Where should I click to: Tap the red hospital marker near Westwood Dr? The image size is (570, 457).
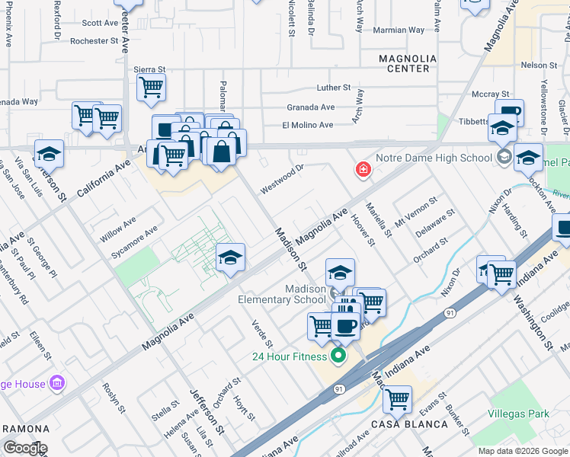coord(363,169)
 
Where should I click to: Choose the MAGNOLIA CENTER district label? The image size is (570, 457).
coord(408,63)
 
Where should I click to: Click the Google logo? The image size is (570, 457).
coord(25,448)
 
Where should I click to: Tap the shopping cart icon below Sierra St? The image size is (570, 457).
coord(152,88)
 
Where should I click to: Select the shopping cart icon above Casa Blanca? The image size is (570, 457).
coord(396,398)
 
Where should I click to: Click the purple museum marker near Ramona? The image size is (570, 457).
coord(56,383)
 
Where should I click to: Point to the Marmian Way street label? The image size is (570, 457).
coord(399,30)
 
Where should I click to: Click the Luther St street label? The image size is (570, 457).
coord(334,88)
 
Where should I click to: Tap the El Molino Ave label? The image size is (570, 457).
coord(308,125)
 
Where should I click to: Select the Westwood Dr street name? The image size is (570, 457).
coord(282,177)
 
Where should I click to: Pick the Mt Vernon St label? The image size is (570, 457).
coord(416,214)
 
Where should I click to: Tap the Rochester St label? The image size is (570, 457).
coord(94,41)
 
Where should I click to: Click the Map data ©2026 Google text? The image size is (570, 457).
coord(523,450)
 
